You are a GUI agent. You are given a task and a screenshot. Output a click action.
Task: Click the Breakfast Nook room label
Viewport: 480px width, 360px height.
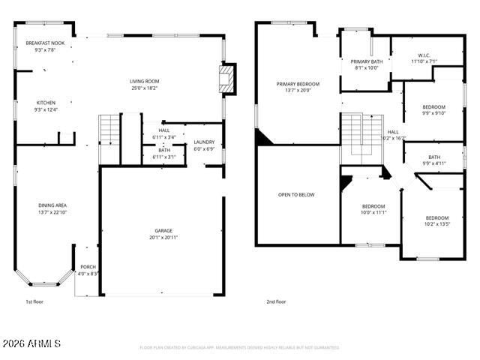point(45,43)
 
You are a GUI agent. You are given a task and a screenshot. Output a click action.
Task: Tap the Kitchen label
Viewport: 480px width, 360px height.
point(46,103)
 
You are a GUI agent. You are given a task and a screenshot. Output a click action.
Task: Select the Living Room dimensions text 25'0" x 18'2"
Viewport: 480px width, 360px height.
point(144,88)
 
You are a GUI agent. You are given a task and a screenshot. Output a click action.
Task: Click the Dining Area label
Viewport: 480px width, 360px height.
point(52,205)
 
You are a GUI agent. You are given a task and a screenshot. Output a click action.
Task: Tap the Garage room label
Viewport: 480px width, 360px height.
point(163,230)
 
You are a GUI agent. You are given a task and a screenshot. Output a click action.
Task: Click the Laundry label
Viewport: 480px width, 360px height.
point(204,142)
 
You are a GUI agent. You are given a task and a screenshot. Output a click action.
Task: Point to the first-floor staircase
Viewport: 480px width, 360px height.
point(109,132)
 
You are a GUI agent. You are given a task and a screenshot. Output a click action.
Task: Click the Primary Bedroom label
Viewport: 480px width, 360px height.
point(297,84)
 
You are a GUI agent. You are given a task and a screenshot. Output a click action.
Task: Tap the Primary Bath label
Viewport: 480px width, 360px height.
point(366,61)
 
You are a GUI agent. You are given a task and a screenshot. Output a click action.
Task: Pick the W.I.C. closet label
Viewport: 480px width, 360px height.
point(424,55)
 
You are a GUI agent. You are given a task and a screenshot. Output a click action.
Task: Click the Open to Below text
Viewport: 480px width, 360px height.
point(296,194)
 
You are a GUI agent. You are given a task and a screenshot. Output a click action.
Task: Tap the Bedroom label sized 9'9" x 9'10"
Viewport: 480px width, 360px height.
point(433,106)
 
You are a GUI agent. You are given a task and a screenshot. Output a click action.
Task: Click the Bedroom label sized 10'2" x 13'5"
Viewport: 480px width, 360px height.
point(436,218)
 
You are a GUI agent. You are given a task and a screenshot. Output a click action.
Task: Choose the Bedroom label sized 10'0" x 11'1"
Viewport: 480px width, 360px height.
point(373,206)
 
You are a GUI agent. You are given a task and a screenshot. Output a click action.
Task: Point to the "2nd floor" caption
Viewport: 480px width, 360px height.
point(276,301)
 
